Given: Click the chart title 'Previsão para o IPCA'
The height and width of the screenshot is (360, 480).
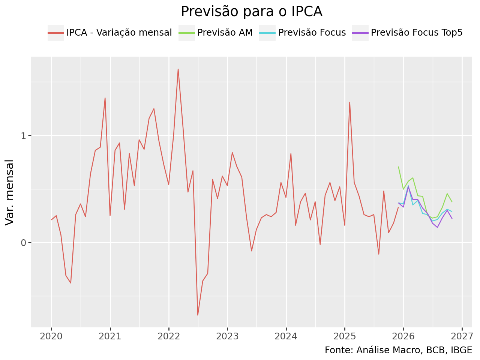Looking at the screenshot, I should [x=251, y=12].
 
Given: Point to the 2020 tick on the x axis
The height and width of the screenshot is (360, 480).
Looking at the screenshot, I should [x=51, y=336].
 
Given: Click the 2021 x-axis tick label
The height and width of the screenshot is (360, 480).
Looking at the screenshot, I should [x=110, y=336].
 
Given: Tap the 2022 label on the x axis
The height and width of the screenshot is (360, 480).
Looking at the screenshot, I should [x=169, y=336].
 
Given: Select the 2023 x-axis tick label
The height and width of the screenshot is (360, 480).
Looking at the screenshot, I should [x=227, y=336].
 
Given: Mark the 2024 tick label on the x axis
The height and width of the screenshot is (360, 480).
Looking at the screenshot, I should [x=286, y=336].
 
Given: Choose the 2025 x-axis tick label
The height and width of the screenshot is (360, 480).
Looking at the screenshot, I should [x=345, y=336].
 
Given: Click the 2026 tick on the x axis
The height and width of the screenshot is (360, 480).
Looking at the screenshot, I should [x=403, y=336].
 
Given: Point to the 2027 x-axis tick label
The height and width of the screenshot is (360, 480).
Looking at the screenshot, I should [x=462, y=336].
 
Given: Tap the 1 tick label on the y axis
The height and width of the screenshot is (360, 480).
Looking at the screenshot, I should [x=23, y=135].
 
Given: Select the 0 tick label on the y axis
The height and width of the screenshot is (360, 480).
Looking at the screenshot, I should [x=23, y=243].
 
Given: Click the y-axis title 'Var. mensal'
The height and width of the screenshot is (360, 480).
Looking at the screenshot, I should [x=10, y=192].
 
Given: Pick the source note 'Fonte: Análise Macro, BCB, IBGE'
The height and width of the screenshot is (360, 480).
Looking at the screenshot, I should [x=398, y=350].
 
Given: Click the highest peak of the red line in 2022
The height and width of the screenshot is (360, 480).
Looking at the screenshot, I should [x=178, y=69].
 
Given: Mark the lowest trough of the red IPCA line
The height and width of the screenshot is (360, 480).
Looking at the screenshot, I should [x=198, y=315].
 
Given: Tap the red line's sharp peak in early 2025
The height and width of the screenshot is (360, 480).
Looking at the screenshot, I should [x=349, y=102].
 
